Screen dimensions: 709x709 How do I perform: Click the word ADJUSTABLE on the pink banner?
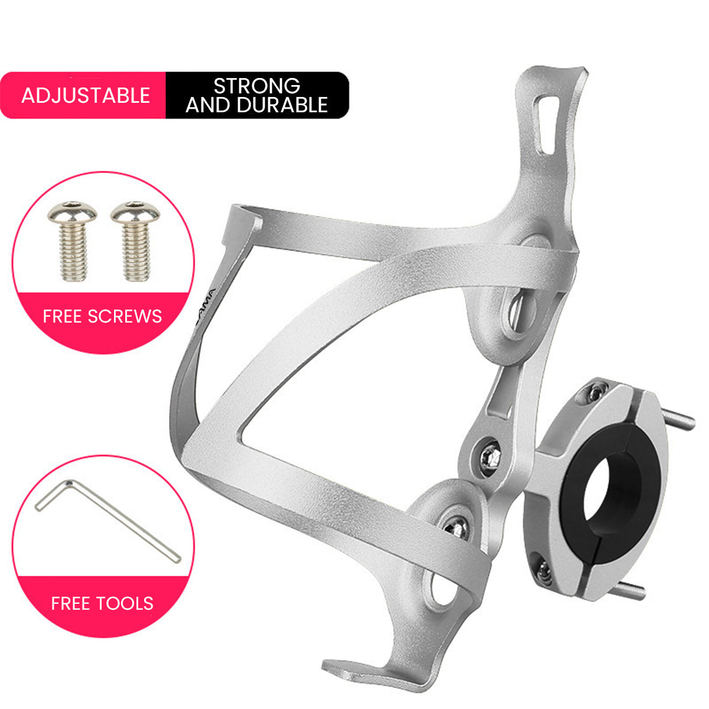(86, 96)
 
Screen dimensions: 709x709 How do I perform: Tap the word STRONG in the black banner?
(256, 86)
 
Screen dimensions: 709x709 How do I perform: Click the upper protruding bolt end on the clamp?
(679, 418)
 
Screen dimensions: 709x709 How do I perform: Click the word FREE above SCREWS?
(62, 316)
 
